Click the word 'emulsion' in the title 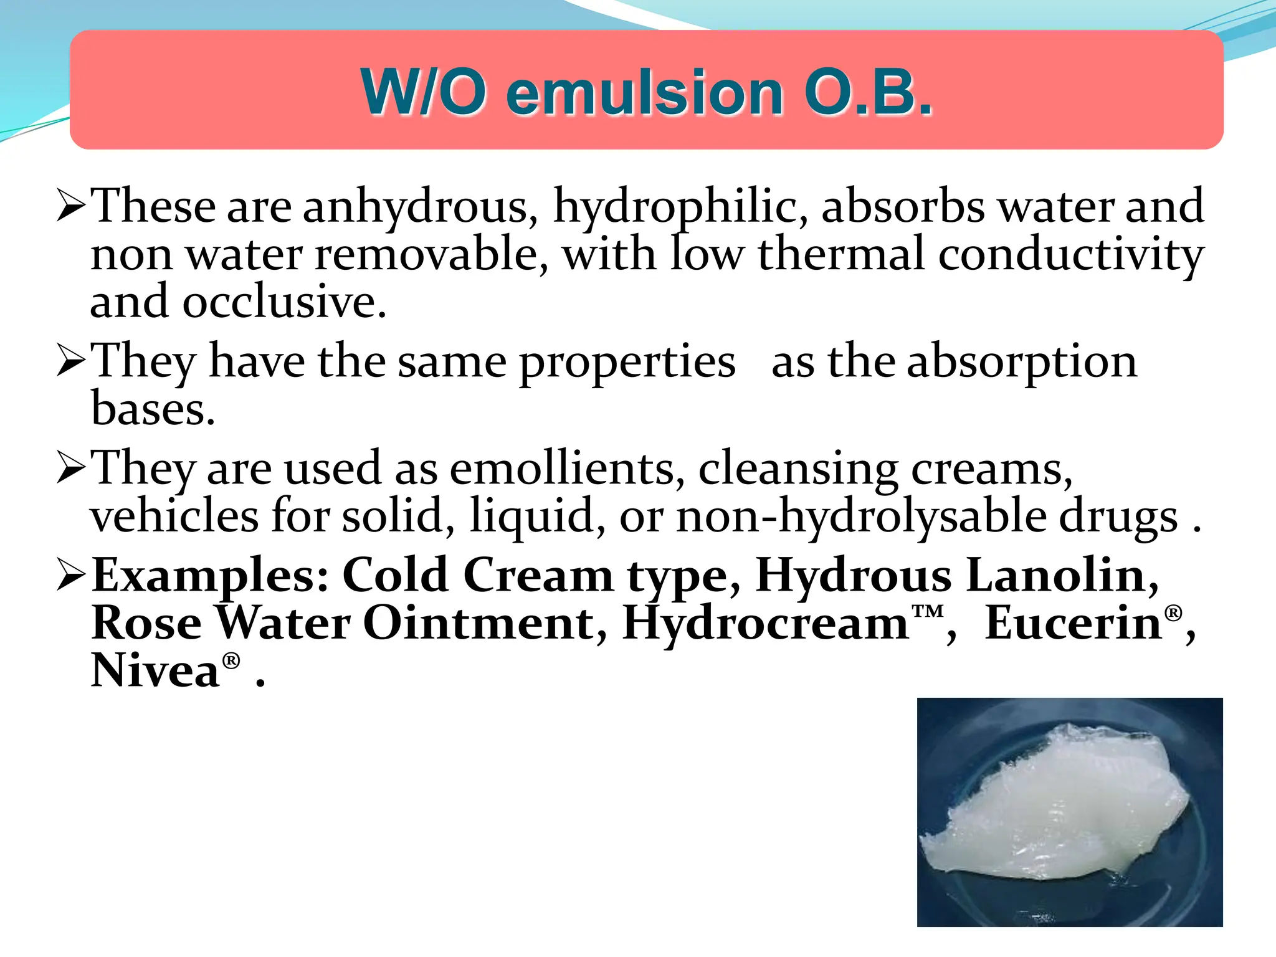644,93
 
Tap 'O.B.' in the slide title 869,93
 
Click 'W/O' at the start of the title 424,93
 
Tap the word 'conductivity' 1071,255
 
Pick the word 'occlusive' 283,302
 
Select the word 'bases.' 153,409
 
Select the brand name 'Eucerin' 1074,623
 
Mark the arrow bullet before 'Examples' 70,574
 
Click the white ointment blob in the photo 1053,810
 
